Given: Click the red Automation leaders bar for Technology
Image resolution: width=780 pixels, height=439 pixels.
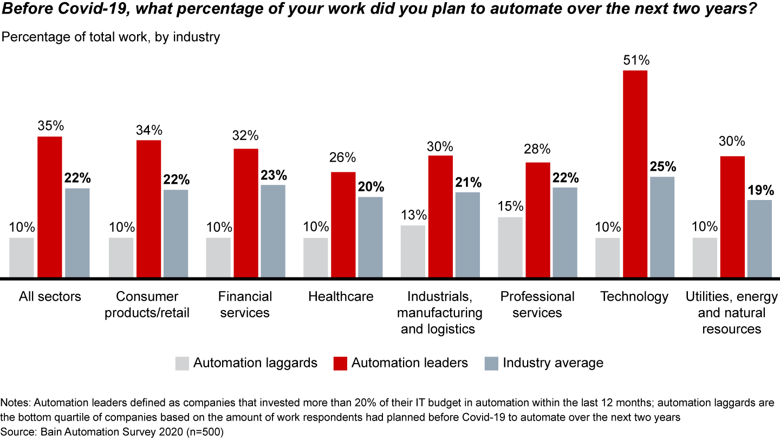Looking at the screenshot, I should [635, 173].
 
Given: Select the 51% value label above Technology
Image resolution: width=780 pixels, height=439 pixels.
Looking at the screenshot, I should [635, 59].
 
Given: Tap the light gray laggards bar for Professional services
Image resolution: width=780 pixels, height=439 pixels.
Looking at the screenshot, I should [510, 247].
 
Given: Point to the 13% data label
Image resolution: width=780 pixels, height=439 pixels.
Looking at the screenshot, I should [413, 215].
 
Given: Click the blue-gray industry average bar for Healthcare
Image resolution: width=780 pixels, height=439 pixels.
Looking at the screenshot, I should [370, 237].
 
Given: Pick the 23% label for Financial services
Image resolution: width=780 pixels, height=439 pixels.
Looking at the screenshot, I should [273, 175].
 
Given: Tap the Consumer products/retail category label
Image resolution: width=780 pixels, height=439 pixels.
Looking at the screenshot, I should [148, 305].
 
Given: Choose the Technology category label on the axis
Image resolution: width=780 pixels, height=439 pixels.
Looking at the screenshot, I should [634, 296].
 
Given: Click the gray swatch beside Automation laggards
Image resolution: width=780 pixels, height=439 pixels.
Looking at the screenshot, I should [183, 363].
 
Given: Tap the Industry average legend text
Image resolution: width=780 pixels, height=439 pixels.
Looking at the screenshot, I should [552, 363].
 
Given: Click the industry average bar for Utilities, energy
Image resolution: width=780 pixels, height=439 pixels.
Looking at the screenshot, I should [759, 238].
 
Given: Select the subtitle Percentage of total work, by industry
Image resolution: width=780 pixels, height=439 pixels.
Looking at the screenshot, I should [111, 37].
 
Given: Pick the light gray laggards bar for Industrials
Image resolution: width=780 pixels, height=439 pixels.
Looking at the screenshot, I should [413, 251].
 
